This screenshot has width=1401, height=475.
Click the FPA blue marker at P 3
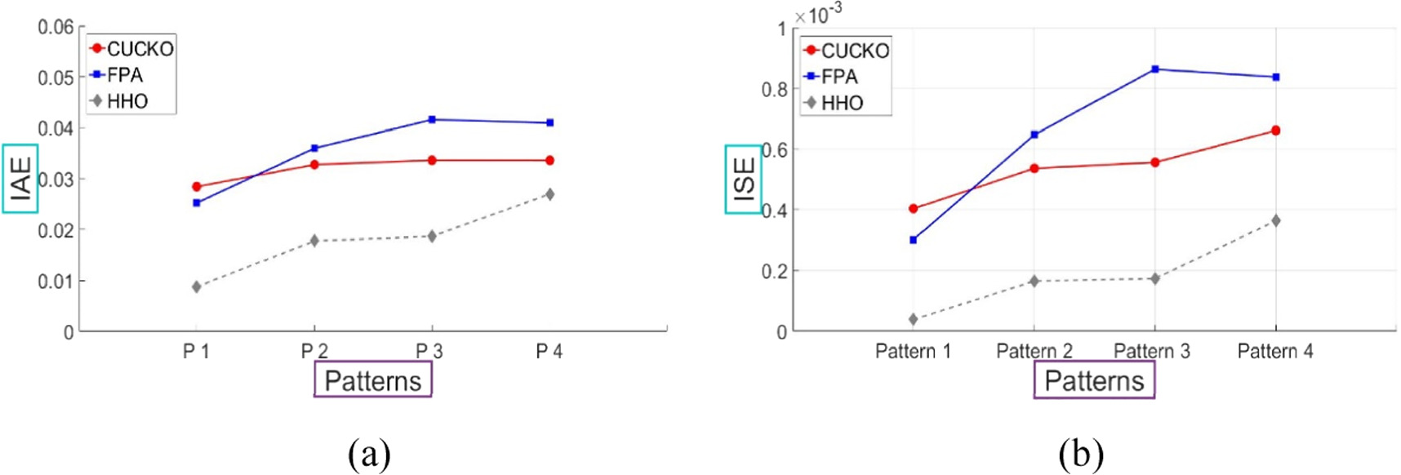coord(432,120)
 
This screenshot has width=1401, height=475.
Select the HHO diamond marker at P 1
coord(197,286)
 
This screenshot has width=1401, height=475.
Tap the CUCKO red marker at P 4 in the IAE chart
coord(549,161)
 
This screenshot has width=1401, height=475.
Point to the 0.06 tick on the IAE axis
coord(56,28)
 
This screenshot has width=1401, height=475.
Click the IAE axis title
coord(20,179)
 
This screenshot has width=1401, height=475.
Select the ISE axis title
coord(744,180)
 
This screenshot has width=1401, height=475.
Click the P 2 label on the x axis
coord(314,352)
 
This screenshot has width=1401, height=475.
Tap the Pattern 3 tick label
coord(1152,352)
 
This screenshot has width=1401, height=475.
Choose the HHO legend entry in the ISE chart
coord(842,103)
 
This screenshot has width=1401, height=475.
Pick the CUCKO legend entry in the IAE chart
coord(140,49)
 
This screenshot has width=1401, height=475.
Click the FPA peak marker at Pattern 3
coord(1154,69)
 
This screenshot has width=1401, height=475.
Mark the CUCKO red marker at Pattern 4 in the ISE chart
coord(1275,131)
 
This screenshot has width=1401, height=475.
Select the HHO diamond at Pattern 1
coord(913,319)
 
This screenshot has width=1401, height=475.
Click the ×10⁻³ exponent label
coord(819,15)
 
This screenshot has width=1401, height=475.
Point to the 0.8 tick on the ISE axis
coord(774,89)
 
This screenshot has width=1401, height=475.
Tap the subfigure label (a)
coord(369,453)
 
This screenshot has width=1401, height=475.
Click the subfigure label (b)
coord(1080,453)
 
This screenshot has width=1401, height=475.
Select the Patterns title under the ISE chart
coord(1094,381)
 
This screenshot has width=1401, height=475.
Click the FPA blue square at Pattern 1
coord(913,240)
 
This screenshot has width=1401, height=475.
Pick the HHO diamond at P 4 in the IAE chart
coord(549,194)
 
